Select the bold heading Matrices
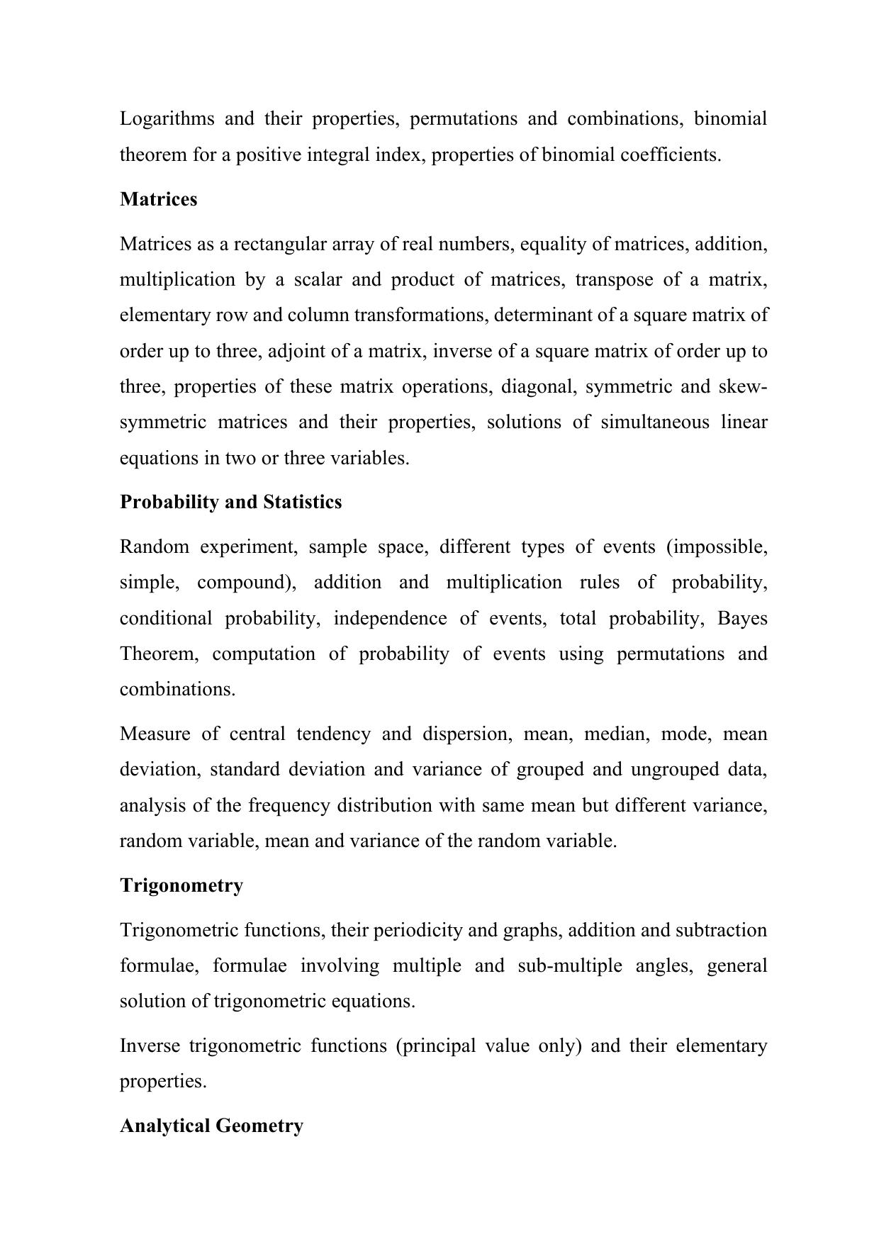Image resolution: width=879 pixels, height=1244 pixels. click(x=159, y=199)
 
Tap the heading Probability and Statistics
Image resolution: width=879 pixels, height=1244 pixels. click(x=230, y=502)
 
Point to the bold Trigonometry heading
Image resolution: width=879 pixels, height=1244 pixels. click(x=181, y=885)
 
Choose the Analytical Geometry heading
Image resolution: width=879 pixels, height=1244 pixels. click(x=211, y=1126)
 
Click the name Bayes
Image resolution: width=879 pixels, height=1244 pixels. click(x=742, y=618)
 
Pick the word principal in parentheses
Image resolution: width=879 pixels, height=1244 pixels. click(x=436, y=1046)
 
